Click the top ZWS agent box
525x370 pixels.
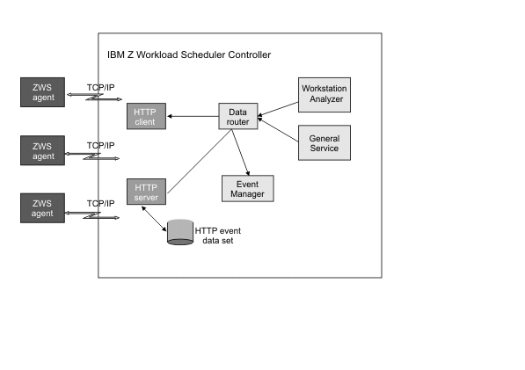[43, 91]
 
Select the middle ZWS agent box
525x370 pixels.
[43, 149]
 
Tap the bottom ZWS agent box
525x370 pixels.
[43, 208]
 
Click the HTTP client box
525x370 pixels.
[144, 116]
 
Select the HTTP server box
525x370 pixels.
[144, 192]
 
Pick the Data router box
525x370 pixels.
[237, 117]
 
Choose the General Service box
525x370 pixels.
[324, 144]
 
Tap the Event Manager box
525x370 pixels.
[247, 188]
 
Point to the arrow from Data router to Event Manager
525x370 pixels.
[243, 152]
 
